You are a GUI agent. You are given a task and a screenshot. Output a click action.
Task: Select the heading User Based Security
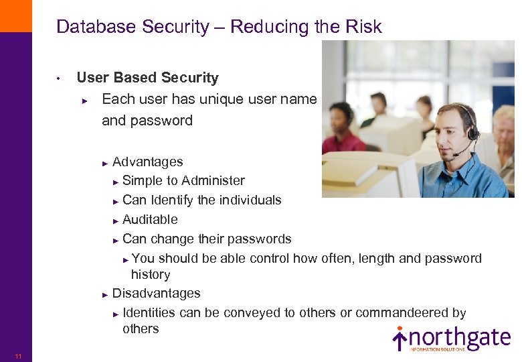148,78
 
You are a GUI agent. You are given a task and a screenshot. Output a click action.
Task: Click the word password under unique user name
147,121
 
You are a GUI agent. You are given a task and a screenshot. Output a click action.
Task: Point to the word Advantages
148,162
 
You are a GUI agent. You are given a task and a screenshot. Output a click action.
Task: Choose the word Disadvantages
157,293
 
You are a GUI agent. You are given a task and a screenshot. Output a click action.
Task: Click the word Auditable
151,219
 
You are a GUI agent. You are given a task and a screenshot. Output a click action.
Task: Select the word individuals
250,200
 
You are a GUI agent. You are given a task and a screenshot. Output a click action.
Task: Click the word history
151,274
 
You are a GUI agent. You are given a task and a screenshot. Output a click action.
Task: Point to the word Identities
149,312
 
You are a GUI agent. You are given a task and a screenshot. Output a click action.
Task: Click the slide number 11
18,356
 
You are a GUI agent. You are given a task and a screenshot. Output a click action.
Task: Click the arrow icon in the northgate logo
400,339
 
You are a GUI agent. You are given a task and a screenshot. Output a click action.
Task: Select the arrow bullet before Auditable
116,220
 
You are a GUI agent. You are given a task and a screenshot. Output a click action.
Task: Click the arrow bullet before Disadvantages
105,294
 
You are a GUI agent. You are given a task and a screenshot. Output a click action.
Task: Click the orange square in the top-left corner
15,15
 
